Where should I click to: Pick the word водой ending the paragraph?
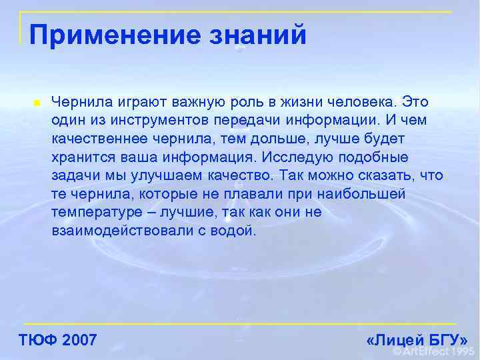pyautogui.click(x=233, y=231)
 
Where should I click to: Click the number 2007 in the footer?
pyautogui.click(x=79, y=340)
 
